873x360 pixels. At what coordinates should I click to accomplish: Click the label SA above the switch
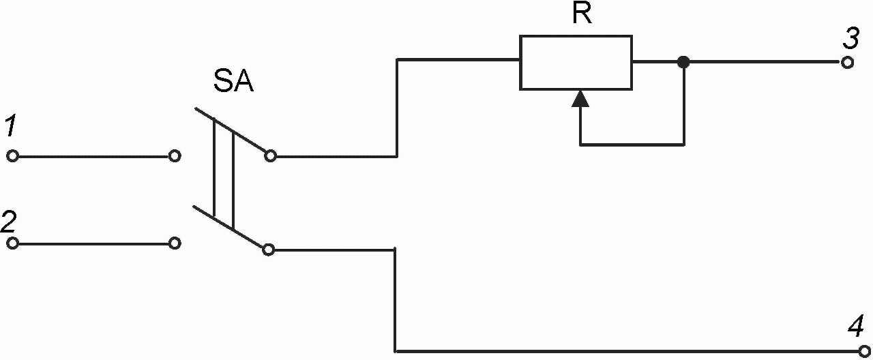click(234, 83)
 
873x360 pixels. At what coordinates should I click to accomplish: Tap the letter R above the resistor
click(581, 15)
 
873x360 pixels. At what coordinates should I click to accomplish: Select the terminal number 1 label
click(11, 127)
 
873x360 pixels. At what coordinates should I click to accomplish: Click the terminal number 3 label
click(850, 39)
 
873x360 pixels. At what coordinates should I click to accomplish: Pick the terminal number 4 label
click(856, 327)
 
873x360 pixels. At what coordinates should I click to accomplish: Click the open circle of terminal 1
click(12, 156)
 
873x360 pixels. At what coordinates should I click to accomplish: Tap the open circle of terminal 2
click(12, 243)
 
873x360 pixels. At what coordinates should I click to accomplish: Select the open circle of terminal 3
click(848, 63)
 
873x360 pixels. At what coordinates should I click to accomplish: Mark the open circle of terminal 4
click(864, 352)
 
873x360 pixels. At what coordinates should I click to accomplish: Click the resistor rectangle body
click(576, 63)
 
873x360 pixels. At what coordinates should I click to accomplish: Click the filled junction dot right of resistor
click(683, 63)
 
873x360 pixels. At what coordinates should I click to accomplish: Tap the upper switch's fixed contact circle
click(175, 156)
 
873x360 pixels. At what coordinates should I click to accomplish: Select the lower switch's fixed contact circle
click(175, 243)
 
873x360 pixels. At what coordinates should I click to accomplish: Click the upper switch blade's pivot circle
click(270, 156)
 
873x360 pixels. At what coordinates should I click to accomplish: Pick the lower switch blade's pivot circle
click(269, 250)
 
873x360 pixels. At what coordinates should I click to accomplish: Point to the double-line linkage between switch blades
click(224, 174)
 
